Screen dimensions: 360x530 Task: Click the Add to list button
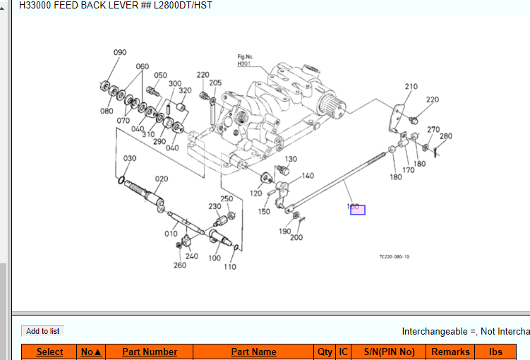42,331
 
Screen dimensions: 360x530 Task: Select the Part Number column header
150,352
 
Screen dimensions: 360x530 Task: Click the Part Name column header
253,352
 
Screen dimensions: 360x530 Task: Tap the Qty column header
325,352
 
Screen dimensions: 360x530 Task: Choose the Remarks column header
450,352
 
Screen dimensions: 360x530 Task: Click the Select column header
49,352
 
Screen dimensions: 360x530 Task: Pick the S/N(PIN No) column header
390,352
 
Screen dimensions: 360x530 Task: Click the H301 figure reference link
244,64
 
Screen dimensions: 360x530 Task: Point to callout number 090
120,53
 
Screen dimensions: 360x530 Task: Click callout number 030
130,159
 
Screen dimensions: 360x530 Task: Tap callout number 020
162,179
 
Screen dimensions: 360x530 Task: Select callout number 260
180,265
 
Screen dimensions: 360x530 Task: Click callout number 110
230,267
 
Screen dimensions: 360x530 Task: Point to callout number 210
411,87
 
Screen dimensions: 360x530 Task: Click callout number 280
445,136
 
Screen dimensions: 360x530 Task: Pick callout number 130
291,160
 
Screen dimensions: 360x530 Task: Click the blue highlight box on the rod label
358,210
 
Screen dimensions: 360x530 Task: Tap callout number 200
297,237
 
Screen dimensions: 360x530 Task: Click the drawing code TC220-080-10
394,257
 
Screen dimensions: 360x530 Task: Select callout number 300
175,83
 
